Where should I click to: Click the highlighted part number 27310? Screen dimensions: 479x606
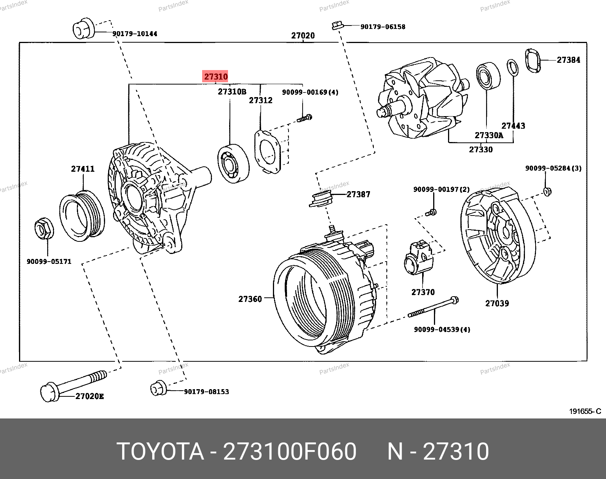216,77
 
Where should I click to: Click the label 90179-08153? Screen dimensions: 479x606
206,392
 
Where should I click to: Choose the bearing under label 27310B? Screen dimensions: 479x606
233,163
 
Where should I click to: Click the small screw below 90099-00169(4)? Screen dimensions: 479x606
305,118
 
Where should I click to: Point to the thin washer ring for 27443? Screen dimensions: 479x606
513,67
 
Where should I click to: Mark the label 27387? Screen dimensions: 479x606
358,195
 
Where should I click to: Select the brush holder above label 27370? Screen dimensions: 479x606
418,259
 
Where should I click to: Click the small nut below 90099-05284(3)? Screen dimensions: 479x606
547,191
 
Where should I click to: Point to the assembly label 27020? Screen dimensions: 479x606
303,36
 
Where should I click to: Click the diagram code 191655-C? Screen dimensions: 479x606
585,411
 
